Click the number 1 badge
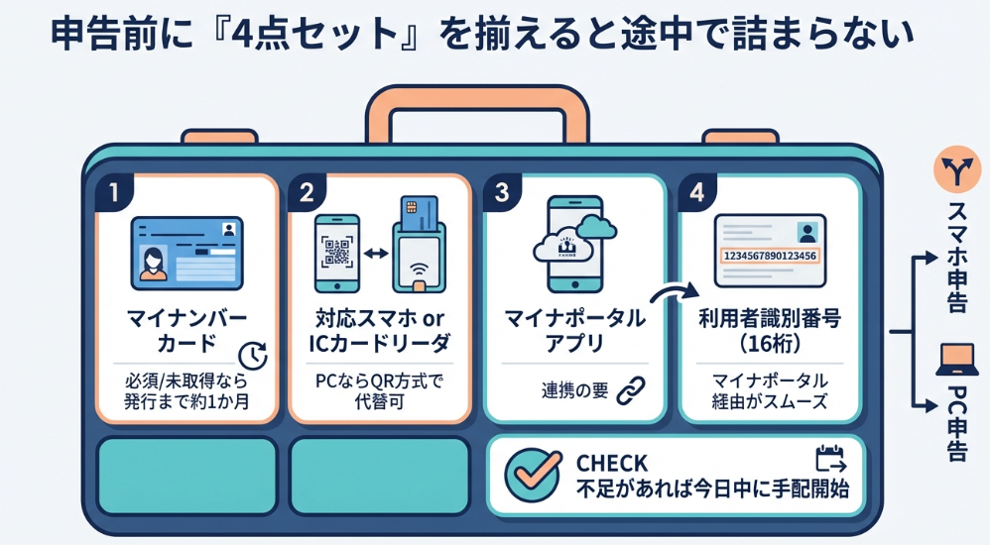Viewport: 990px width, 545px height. (x=114, y=192)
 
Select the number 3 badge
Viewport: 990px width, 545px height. (x=502, y=192)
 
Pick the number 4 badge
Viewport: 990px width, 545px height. (x=696, y=192)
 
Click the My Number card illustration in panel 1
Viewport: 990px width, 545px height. (x=187, y=254)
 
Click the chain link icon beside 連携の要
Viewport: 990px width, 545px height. (x=631, y=391)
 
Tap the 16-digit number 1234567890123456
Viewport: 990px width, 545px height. (x=770, y=256)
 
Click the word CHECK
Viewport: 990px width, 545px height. (x=611, y=463)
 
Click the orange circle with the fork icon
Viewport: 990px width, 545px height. (x=956, y=171)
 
